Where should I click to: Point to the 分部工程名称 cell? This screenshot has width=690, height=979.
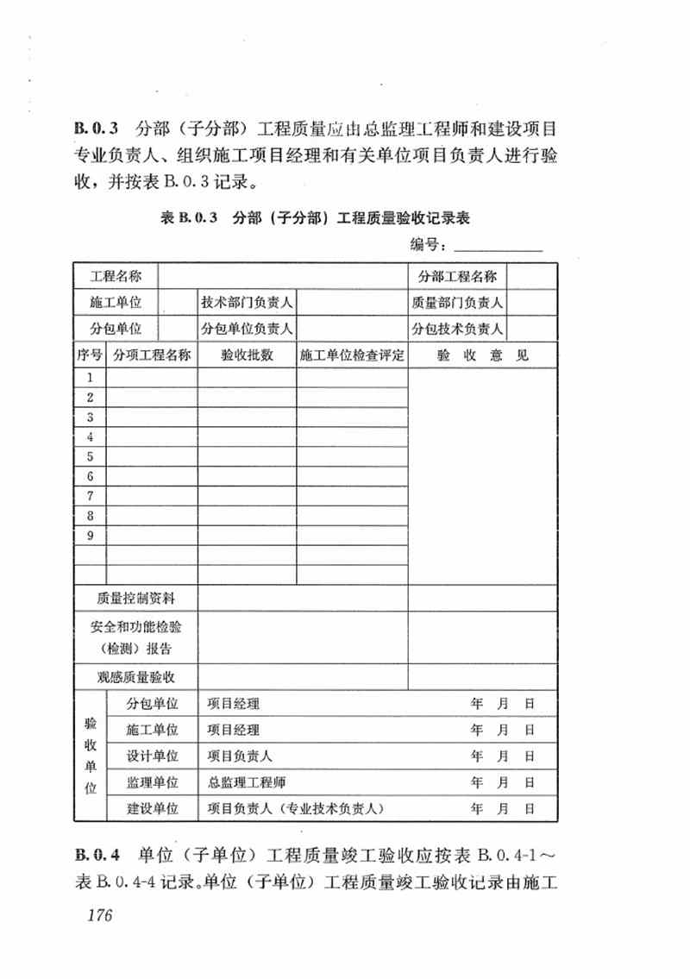point(457,277)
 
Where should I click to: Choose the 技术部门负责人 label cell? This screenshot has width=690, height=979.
point(248,303)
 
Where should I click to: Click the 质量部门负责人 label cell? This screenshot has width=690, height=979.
point(457,303)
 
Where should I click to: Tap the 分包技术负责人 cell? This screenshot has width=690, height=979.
point(457,329)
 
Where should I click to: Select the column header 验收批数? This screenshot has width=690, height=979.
point(248,355)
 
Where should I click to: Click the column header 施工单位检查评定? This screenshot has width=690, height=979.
point(352,355)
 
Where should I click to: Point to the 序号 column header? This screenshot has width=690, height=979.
point(90,355)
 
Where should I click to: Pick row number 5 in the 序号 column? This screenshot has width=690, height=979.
point(90,456)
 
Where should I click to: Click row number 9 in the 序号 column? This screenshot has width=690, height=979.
point(90,536)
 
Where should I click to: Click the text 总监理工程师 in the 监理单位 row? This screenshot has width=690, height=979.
point(247,782)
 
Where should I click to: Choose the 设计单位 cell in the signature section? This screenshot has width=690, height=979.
point(153,756)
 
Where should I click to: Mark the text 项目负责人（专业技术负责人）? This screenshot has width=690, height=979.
point(296,808)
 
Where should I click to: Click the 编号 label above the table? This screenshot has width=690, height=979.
point(428,247)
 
